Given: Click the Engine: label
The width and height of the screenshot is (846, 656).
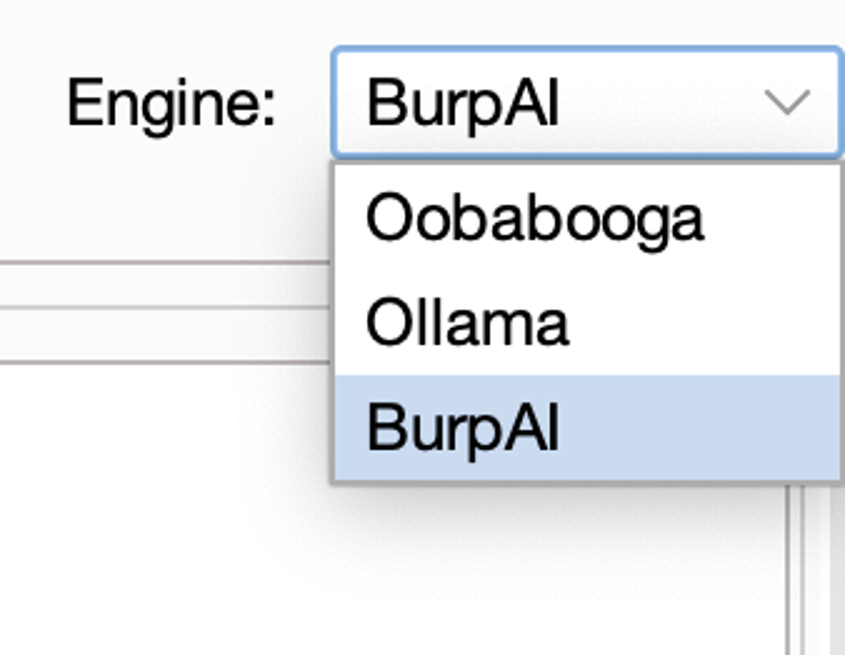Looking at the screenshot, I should (170, 103).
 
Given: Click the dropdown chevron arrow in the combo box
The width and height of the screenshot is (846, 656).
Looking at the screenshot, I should (788, 103).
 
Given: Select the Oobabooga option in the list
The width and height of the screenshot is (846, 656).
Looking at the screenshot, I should (534, 218).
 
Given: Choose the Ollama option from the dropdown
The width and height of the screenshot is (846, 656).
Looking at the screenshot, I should (467, 323).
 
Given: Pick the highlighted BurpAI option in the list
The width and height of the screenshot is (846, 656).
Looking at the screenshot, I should (463, 428).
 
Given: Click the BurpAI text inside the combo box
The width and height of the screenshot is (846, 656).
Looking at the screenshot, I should (463, 103).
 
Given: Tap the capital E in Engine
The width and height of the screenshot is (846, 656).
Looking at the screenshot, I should (81, 103).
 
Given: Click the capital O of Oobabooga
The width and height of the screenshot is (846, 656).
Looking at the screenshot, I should (387, 218).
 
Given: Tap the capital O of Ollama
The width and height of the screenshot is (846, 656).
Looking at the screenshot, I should (387, 323).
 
